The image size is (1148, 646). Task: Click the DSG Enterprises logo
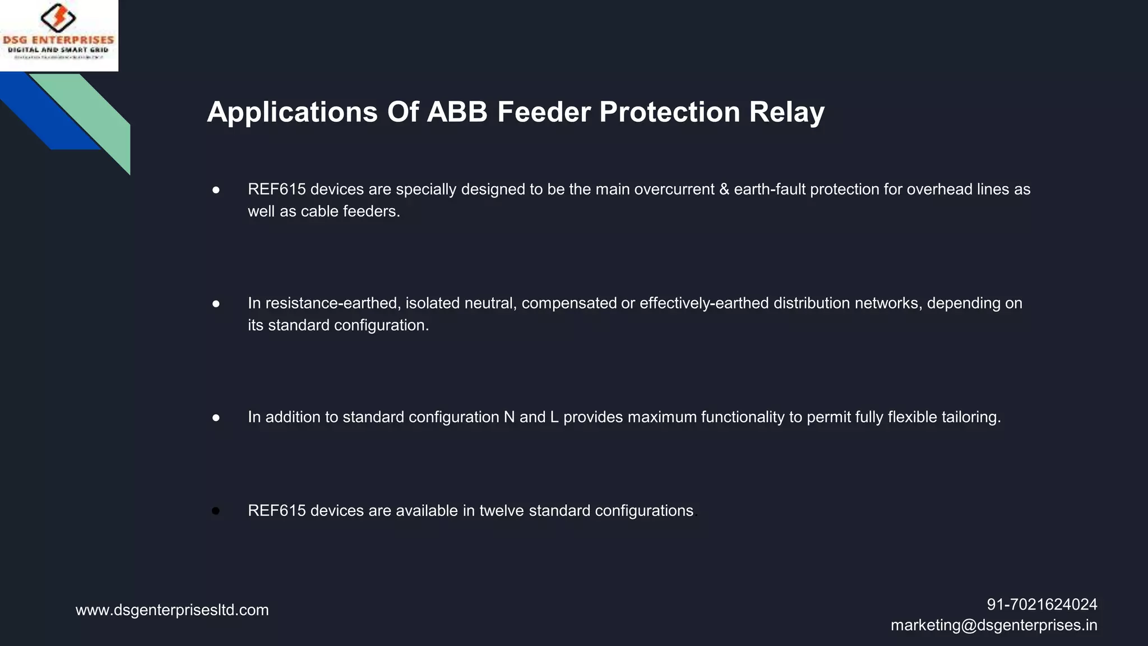coord(59,35)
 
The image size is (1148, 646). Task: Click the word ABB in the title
coord(457,112)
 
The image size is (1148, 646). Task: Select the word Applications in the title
coord(292,113)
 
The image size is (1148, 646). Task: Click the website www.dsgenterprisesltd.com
coord(172,610)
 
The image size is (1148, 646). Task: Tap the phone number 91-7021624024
coord(1041,605)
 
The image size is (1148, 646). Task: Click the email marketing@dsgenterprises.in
coord(994,625)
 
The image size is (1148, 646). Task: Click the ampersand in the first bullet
coord(724,190)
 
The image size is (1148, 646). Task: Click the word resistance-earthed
coord(331,303)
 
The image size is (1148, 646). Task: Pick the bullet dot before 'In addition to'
coord(216,418)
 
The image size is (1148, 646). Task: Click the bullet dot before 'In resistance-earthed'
coord(216,304)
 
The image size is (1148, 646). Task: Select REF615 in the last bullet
coord(277,511)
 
